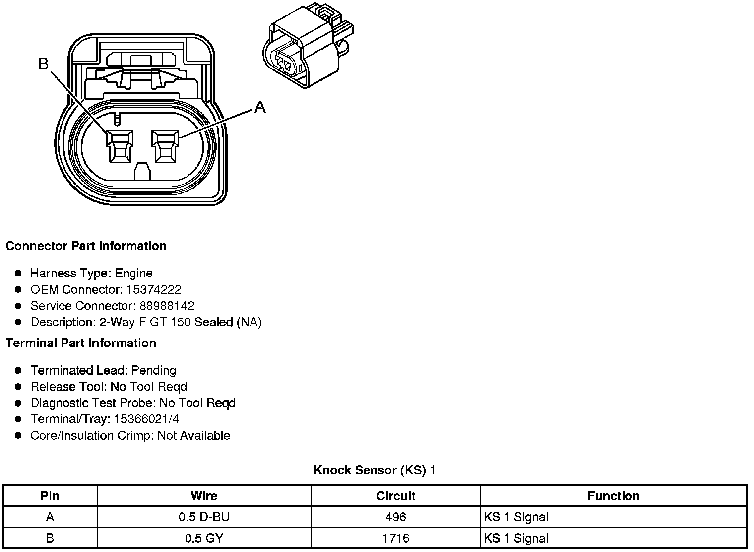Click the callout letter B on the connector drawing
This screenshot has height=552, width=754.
(x=44, y=64)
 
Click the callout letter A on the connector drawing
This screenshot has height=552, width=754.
(x=260, y=107)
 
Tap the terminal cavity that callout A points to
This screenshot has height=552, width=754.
(x=166, y=146)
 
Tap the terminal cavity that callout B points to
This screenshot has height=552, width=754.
(x=120, y=146)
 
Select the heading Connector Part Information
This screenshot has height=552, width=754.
(x=86, y=246)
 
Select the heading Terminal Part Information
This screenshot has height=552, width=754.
(x=81, y=343)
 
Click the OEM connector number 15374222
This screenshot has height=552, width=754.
(x=154, y=289)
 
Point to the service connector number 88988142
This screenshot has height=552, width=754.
(x=167, y=306)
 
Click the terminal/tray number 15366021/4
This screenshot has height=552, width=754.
(x=147, y=419)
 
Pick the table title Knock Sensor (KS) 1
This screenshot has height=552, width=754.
(x=375, y=470)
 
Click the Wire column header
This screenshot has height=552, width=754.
(x=204, y=496)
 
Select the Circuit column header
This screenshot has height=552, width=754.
(x=395, y=496)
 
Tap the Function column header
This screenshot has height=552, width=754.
(x=613, y=496)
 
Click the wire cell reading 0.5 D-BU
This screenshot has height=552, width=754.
(x=204, y=517)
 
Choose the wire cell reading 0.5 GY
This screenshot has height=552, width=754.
(x=204, y=538)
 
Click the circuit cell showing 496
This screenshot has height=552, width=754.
(x=395, y=517)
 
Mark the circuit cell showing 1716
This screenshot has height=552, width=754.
(x=395, y=538)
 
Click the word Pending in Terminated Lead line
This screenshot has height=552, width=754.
(x=154, y=370)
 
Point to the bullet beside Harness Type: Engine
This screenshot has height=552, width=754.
(x=18, y=274)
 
